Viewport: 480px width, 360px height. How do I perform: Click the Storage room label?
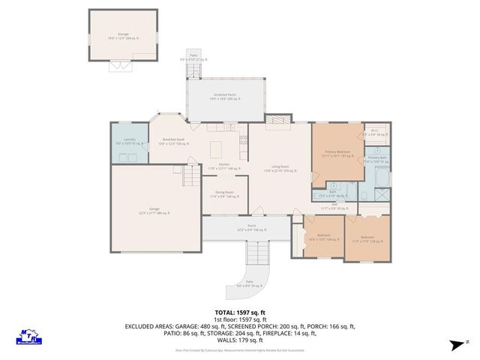point(123,34)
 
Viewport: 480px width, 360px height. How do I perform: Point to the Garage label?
point(154,211)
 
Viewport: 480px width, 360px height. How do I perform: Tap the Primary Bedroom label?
point(337,153)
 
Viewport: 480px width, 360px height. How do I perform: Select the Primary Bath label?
point(376,159)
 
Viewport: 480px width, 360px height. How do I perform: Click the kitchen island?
point(217,146)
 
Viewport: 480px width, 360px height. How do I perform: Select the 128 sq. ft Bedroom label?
point(367,239)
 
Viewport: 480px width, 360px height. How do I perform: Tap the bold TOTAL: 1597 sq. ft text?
point(240,311)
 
